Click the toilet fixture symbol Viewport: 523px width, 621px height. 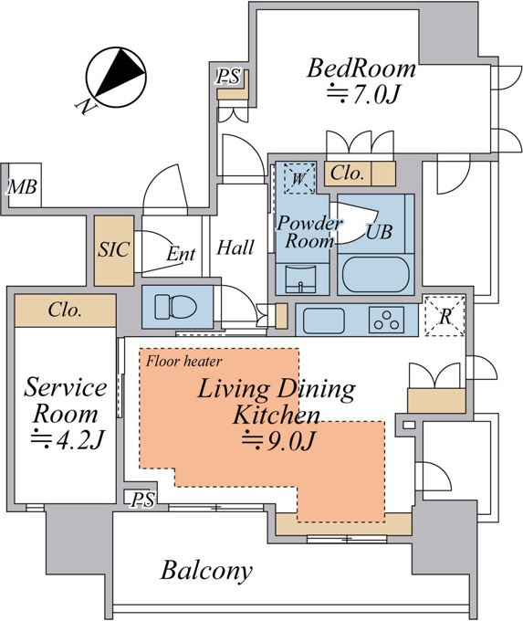click(x=176, y=307)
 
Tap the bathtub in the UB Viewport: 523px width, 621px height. click(x=375, y=275)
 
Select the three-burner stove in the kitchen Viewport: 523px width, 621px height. click(x=386, y=320)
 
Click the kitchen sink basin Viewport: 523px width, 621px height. click(x=323, y=320)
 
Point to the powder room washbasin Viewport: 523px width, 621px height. click(x=300, y=279)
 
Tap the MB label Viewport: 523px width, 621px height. click(x=22, y=186)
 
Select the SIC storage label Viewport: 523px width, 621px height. click(x=113, y=249)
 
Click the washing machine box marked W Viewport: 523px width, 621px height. click(x=299, y=178)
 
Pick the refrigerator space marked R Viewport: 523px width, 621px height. click(x=445, y=316)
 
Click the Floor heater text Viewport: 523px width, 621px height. click(x=183, y=361)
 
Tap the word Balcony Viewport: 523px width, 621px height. click(x=206, y=571)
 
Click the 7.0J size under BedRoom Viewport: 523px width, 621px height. click(x=361, y=95)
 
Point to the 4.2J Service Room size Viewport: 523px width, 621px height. click(x=68, y=439)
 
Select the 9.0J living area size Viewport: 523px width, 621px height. click(x=278, y=440)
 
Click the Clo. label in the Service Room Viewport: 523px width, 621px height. click(x=65, y=310)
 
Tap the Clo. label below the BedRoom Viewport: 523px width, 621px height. click(x=347, y=174)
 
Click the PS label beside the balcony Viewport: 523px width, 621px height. click(x=143, y=499)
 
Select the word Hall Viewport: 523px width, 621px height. click(x=235, y=247)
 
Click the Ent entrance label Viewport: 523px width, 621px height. click(x=181, y=254)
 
